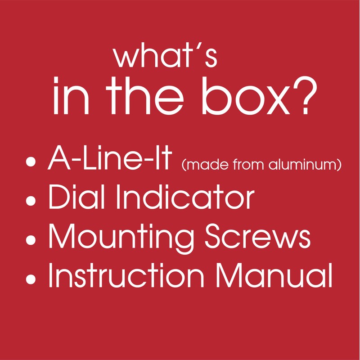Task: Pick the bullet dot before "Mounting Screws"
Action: click(31, 239)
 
